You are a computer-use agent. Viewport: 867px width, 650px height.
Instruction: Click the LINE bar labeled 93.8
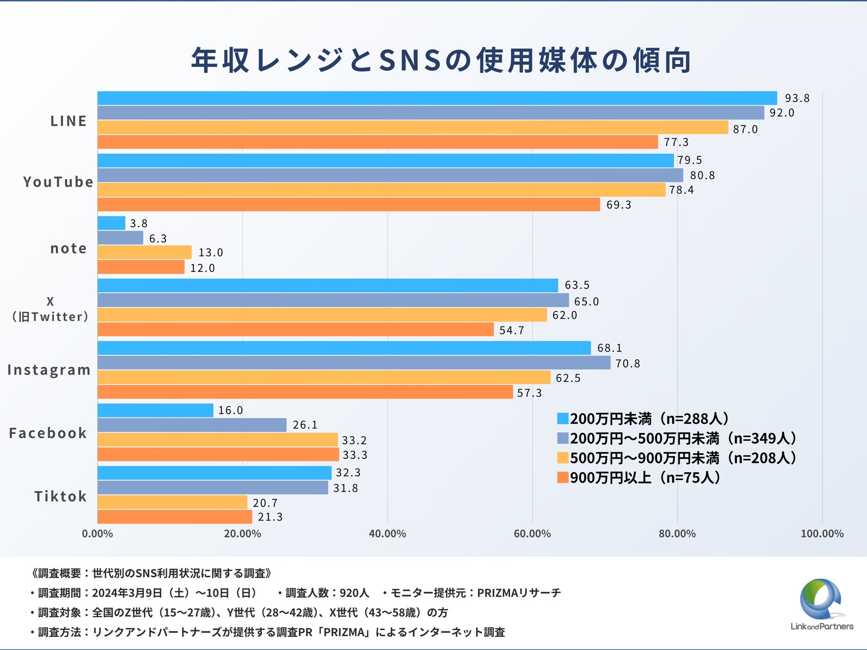coord(437,98)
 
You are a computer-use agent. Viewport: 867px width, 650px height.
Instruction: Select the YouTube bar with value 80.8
coord(390,175)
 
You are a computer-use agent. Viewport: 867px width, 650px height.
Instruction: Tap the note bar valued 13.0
coord(144,252)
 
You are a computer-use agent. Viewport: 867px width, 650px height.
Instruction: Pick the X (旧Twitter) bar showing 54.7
coord(295,330)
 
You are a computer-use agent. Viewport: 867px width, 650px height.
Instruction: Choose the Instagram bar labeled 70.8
coord(354,363)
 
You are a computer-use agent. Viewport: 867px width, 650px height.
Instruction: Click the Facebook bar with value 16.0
coord(155,410)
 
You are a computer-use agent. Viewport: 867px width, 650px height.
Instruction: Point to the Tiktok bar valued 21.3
coord(174,517)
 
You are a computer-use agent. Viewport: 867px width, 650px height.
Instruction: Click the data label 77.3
coord(676,143)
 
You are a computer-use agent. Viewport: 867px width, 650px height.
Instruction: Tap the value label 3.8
coord(138,223)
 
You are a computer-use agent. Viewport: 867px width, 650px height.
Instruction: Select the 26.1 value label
coord(305,425)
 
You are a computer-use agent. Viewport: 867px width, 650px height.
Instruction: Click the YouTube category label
coord(58,182)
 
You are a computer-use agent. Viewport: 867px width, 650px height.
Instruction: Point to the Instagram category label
coord(49,370)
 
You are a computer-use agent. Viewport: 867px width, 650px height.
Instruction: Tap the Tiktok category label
coord(60,496)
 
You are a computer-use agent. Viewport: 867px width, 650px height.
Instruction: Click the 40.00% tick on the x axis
coord(387,534)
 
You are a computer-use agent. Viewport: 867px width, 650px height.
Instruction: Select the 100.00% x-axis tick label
coord(822,534)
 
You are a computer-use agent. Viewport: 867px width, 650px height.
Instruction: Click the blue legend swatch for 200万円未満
coord(563,418)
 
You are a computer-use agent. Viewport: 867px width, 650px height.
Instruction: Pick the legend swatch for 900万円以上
coord(563,478)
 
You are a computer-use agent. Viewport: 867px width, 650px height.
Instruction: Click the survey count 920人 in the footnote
coord(354,593)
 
